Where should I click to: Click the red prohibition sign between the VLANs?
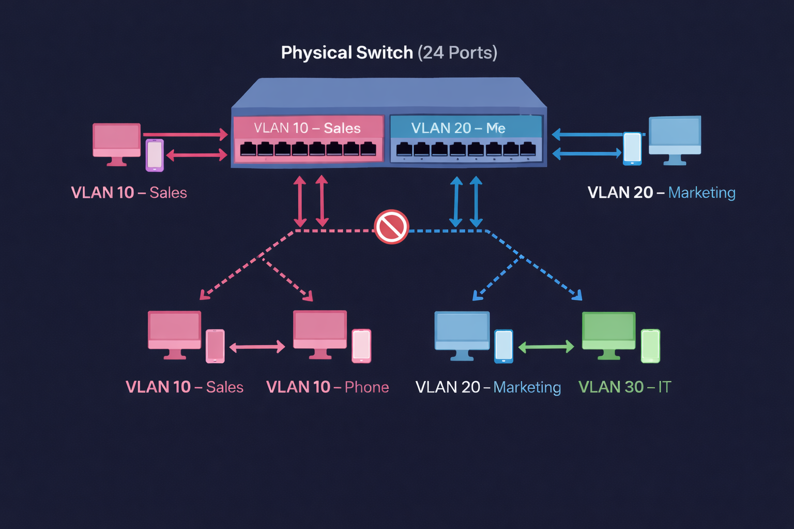click(x=391, y=227)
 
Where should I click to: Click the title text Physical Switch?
click(x=347, y=53)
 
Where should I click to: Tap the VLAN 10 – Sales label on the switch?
click(x=307, y=128)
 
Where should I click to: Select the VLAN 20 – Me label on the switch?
click(x=458, y=128)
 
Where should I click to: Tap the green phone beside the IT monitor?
click(x=650, y=346)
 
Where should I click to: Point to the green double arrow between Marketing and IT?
click(x=546, y=347)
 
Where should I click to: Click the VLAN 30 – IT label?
click(x=624, y=387)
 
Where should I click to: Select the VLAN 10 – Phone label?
click(x=327, y=387)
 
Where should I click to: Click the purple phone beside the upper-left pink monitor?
click(x=155, y=155)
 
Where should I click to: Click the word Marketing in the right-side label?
click(x=701, y=193)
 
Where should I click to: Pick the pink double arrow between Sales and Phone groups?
click(x=257, y=347)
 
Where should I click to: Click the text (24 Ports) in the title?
click(x=457, y=53)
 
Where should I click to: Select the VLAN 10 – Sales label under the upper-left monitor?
click(x=129, y=193)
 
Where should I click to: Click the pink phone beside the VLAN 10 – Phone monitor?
click(x=361, y=346)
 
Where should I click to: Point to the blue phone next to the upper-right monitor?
click(x=632, y=148)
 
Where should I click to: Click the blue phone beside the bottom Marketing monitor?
click(x=503, y=346)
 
